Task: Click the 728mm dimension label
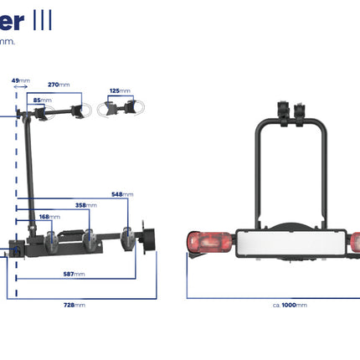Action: click(75, 306)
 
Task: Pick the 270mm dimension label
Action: click(59, 85)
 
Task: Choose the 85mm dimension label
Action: click(39, 100)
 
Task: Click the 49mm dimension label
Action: click(21, 80)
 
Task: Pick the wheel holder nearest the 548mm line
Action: click(128, 238)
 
